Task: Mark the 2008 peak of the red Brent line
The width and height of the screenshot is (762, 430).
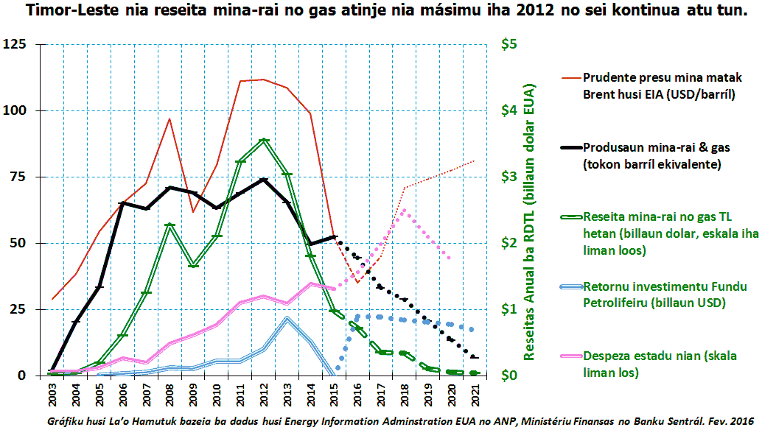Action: click(x=169, y=119)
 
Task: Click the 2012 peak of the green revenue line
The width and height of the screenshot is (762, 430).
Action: click(x=264, y=140)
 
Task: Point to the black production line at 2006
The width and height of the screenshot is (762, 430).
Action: click(x=122, y=202)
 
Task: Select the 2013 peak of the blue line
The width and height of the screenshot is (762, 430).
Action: click(x=287, y=318)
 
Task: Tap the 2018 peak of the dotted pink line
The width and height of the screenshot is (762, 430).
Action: click(x=404, y=210)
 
